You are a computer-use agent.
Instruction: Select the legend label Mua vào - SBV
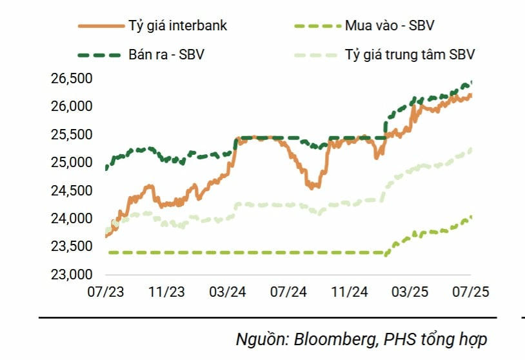[x=395, y=26]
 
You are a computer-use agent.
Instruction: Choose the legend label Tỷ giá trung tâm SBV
[x=410, y=55]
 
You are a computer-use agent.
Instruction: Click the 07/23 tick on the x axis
[x=105, y=292]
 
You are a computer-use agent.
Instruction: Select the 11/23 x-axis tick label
[x=166, y=292]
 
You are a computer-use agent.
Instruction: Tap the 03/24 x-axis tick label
[x=227, y=292]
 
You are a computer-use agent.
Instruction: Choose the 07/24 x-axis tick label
[x=288, y=292]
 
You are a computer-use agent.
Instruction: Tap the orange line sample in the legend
[x=99, y=26]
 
